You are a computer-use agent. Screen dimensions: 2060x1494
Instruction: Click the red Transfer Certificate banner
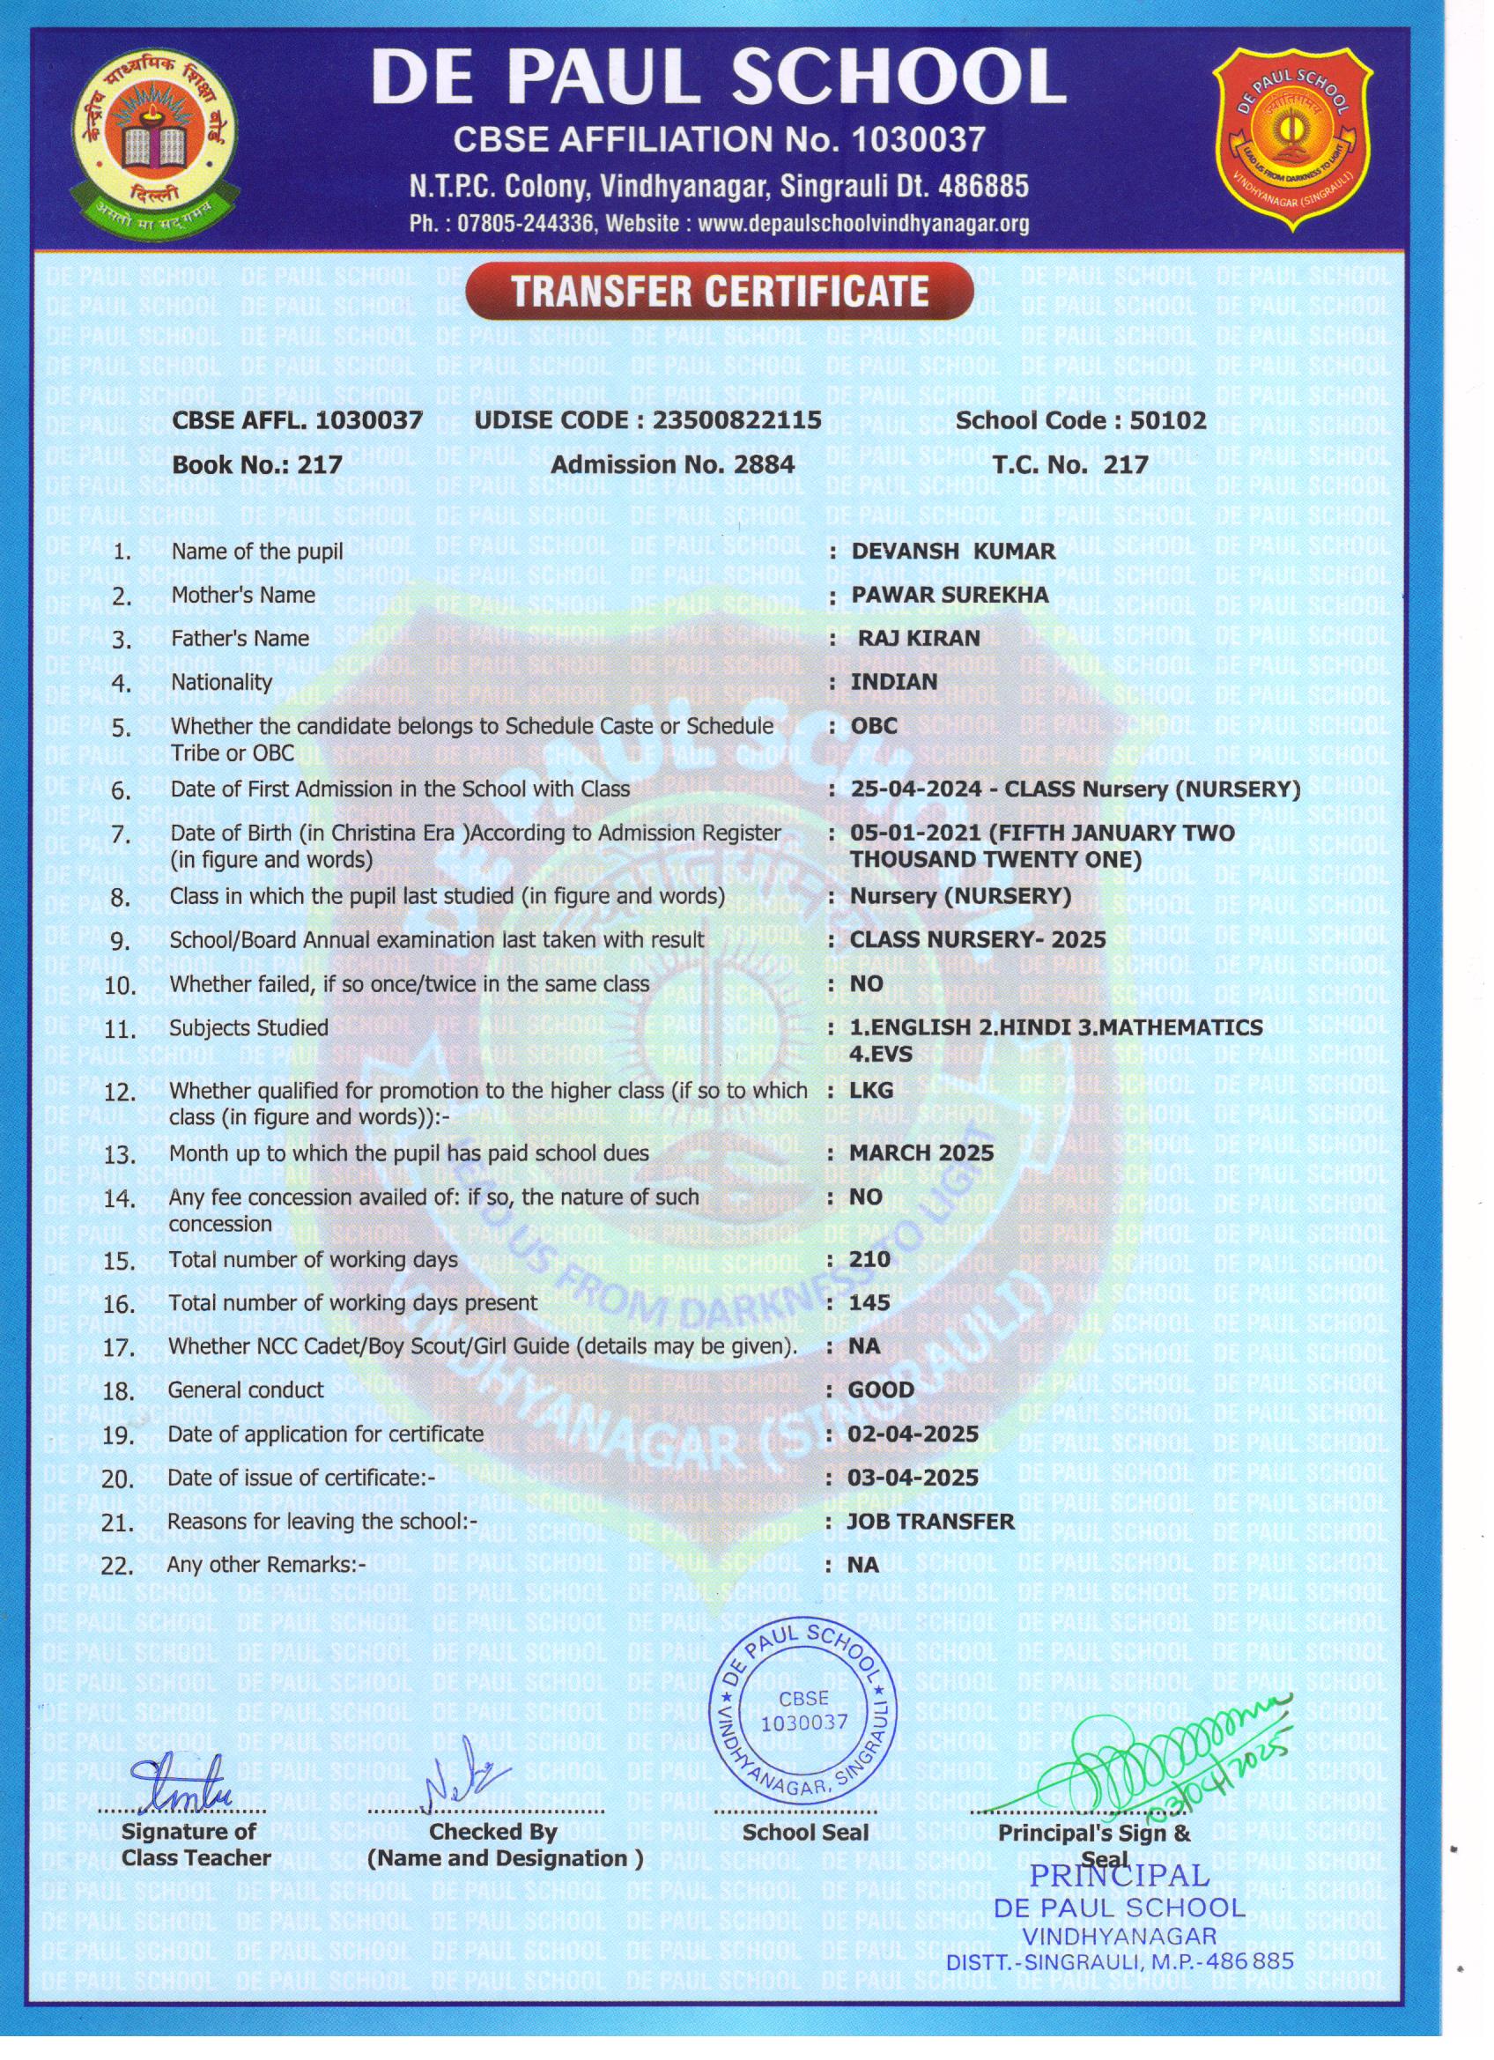(719, 291)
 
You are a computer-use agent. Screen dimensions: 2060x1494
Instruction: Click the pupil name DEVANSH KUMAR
(953, 552)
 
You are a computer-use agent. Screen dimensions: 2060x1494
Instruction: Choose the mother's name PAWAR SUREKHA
(949, 595)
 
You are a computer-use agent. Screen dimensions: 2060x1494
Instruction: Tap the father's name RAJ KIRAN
(919, 638)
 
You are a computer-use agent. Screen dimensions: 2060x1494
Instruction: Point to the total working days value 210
(870, 1259)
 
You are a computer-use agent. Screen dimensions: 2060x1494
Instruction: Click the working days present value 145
(869, 1302)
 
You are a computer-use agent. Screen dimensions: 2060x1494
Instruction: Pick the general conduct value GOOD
(881, 1389)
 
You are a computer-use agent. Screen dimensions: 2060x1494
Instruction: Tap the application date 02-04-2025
(913, 1434)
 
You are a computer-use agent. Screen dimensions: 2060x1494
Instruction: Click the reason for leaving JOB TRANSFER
(930, 1521)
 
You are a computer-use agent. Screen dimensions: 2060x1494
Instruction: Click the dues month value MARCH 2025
(921, 1152)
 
